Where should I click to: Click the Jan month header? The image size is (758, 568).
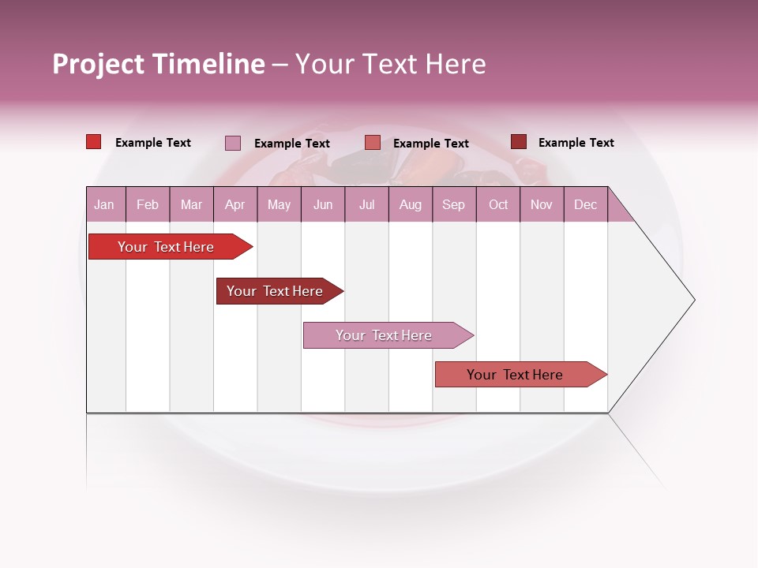coord(104,205)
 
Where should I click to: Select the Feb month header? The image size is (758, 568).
coord(148,205)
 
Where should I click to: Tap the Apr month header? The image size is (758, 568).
coord(235,205)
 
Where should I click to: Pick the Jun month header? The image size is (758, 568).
coord(323,205)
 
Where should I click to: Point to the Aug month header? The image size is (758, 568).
coord(410,205)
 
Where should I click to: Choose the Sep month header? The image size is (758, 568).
coord(453,205)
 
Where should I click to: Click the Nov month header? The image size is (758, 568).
coord(541,205)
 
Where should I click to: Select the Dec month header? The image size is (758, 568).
coord(585,205)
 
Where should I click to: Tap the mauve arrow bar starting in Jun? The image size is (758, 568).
coord(385,335)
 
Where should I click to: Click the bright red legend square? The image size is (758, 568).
coord(93,142)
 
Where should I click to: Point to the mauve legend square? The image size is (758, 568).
coord(232,143)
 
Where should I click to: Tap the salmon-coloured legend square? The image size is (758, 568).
coord(373,143)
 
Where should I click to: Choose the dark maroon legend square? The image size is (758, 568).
coord(518,142)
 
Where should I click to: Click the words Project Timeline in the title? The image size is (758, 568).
coord(158,64)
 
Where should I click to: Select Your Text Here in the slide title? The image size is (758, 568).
coord(390,64)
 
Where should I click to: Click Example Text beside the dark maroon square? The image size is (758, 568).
coord(576,143)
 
